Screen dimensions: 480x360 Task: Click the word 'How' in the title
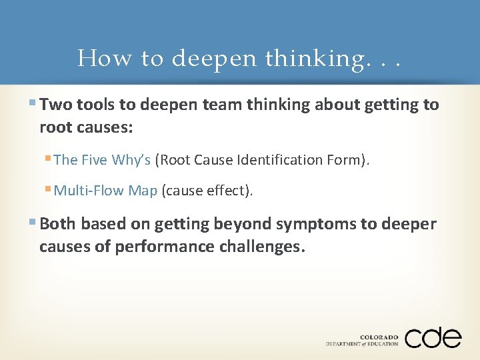[x=105, y=59]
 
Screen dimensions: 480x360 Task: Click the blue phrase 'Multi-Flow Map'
[x=105, y=191]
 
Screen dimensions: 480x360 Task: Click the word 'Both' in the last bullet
[x=55, y=223]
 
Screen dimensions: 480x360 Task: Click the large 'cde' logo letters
[x=433, y=337]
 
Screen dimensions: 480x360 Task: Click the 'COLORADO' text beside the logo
[x=379, y=337]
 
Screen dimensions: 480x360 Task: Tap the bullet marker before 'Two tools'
[x=34, y=105]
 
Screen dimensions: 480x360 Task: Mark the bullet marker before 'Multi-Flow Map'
[x=49, y=191]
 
